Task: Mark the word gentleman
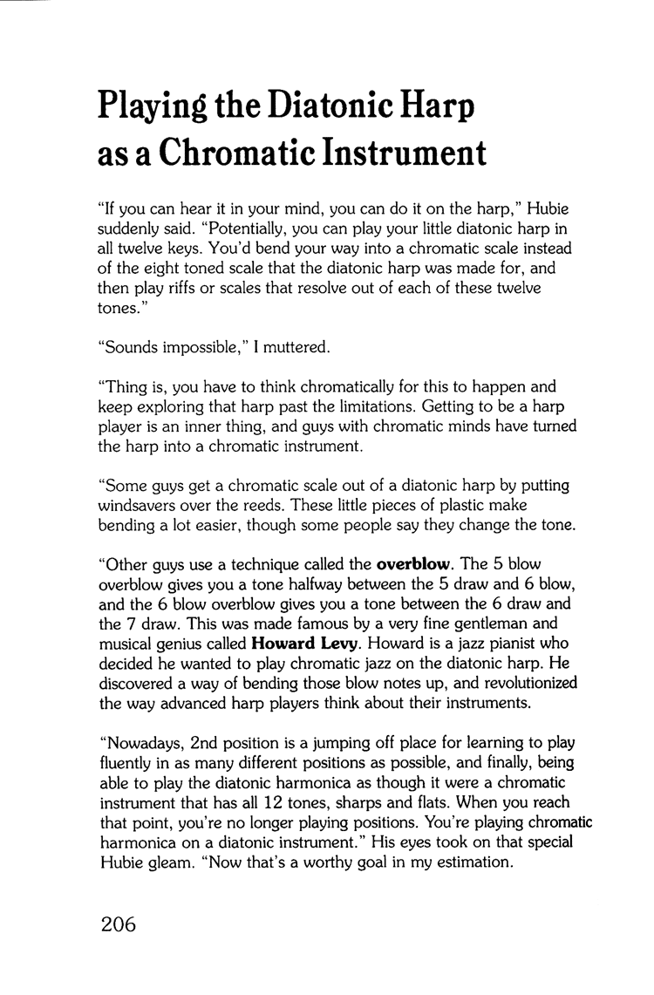pyautogui.click(x=494, y=624)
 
